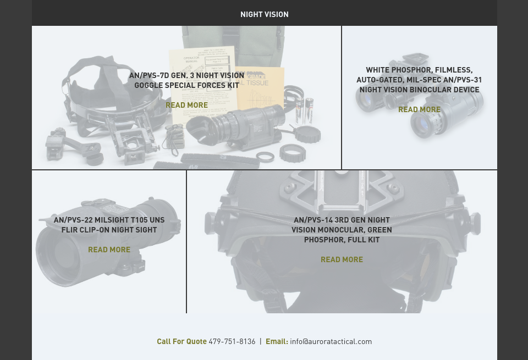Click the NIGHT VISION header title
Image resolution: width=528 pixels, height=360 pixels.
(264, 14)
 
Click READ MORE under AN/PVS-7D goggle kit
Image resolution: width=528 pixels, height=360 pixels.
(186, 105)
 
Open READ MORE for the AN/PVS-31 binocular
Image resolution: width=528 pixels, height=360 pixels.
(419, 109)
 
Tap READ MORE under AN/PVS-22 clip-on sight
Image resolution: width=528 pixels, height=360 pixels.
(109, 250)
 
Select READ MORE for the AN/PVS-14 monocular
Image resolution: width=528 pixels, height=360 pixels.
(342, 259)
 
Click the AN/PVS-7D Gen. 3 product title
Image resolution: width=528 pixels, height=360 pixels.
(186, 80)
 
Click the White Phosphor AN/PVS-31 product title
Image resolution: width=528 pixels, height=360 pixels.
(419, 80)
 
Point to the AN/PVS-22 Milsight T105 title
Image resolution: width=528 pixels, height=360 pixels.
(109, 225)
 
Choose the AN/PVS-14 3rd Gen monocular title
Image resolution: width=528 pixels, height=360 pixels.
(342, 230)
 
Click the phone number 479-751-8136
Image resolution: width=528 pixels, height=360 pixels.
(232, 341)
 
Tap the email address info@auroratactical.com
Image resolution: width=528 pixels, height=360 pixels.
(331, 341)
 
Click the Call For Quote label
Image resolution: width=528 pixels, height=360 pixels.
(182, 341)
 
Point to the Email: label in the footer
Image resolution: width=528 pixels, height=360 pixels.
(277, 341)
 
